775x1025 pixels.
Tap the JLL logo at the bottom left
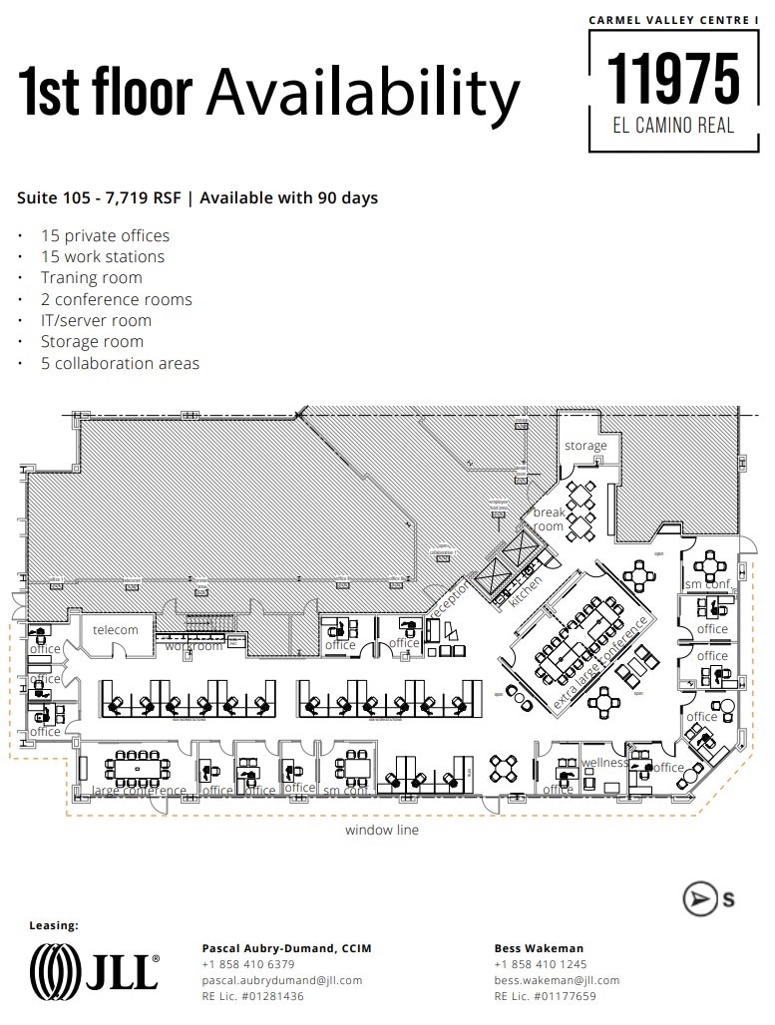(94, 968)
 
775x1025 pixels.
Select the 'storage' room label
(585, 446)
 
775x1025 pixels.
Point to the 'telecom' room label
(116, 630)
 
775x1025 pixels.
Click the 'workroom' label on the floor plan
(194, 646)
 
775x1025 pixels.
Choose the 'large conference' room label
(139, 791)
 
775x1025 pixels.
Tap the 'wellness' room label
(604, 763)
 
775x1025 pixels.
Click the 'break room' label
(549, 519)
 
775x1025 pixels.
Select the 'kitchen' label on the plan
(526, 591)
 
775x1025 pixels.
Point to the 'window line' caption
(382, 830)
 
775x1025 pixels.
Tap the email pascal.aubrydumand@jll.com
(282, 980)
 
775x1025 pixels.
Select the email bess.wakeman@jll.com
(557, 980)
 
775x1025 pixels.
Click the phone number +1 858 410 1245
(540, 964)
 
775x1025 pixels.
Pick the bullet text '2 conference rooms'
(116, 299)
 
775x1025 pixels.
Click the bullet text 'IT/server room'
(96, 320)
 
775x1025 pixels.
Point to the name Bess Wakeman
(539, 948)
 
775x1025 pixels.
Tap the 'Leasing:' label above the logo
(54, 925)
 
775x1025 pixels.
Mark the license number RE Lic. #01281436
(253, 996)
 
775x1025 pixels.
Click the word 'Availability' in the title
(363, 93)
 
